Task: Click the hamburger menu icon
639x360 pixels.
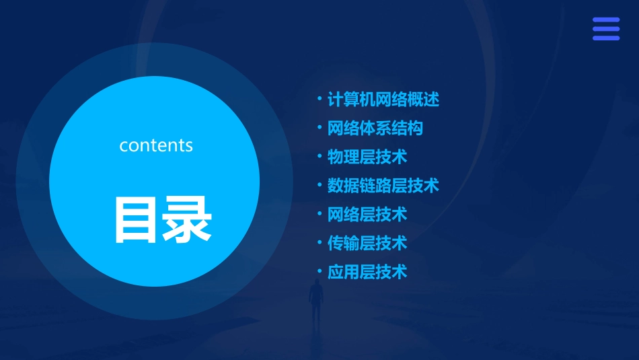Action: pos(605,29)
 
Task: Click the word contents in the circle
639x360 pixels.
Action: pos(156,145)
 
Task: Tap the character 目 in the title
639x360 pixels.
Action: pos(138,219)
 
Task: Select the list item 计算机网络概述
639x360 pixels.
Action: pos(383,100)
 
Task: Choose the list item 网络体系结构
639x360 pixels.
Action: pos(375,128)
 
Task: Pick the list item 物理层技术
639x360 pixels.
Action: pos(367,157)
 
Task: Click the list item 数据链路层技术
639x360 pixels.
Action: pos(383,185)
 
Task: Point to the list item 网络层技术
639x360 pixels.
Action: pos(367,214)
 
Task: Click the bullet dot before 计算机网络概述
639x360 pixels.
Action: pos(319,100)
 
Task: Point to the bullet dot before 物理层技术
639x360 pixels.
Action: pos(319,157)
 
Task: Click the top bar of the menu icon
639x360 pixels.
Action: pos(605,20)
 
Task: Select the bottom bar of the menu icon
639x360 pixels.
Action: pos(605,38)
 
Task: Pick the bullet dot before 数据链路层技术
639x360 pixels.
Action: pos(319,185)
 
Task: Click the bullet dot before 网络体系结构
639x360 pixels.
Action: pos(319,128)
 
